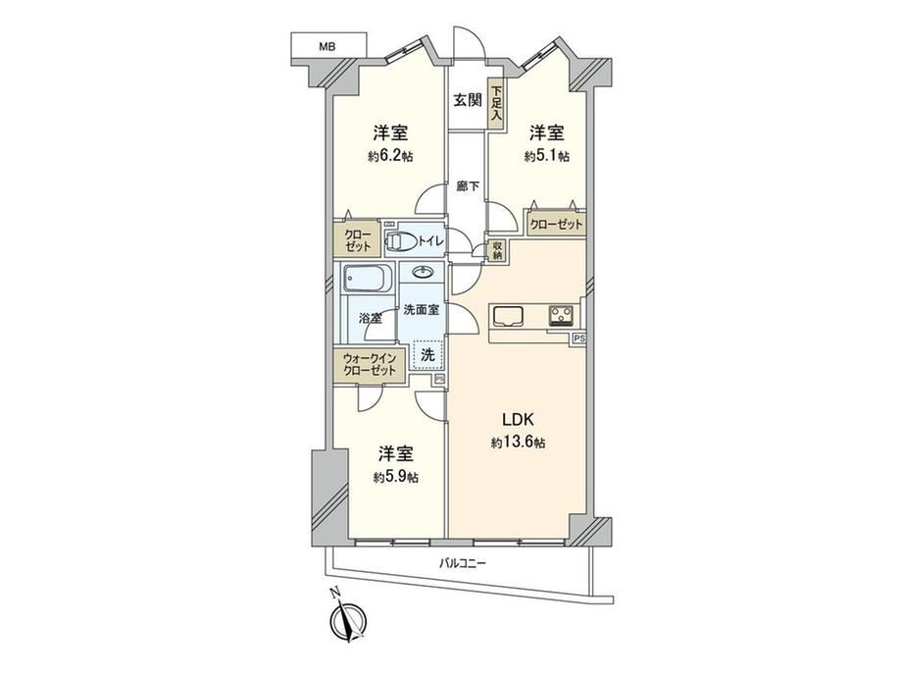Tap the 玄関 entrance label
468,100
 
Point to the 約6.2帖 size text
390,156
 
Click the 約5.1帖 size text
546,156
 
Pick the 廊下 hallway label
468,186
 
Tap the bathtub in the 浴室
367,280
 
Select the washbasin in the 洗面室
424,271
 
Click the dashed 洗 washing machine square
428,354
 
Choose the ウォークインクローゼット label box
370,365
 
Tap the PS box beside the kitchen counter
578,339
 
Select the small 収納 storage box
497,250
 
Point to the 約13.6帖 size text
519,443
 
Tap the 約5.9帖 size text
396,477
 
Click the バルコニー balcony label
463,563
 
